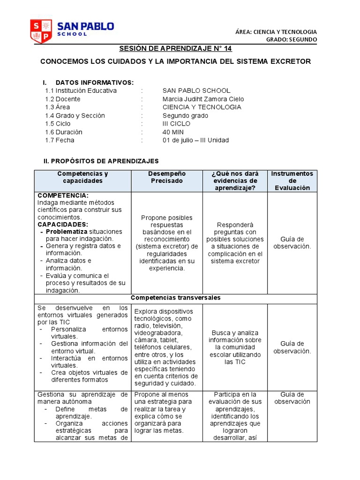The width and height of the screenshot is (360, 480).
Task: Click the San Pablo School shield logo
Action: pos(41,31)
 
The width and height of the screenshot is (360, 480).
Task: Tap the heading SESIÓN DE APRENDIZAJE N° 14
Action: pos(175,48)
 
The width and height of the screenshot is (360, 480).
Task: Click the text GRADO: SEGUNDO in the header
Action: pos(292,39)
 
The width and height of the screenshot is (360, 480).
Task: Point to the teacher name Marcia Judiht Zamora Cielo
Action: pos(203,99)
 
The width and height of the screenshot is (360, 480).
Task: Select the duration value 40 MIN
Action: pos(173,132)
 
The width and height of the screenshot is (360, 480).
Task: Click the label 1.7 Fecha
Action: pos(60,140)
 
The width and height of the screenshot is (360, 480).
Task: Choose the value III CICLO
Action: pos(176,124)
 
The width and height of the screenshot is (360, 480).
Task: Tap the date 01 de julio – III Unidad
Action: pos(195,140)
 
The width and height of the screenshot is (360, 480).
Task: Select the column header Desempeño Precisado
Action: pos(167,177)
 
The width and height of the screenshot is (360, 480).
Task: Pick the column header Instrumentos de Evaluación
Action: pos(292,180)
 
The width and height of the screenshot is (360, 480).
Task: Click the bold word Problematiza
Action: pos(67,232)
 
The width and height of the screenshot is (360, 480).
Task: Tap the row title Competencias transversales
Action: pos(175,298)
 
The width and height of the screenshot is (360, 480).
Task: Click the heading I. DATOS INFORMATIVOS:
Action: pos(94,82)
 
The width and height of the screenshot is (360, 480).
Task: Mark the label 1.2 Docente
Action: pos(62,99)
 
